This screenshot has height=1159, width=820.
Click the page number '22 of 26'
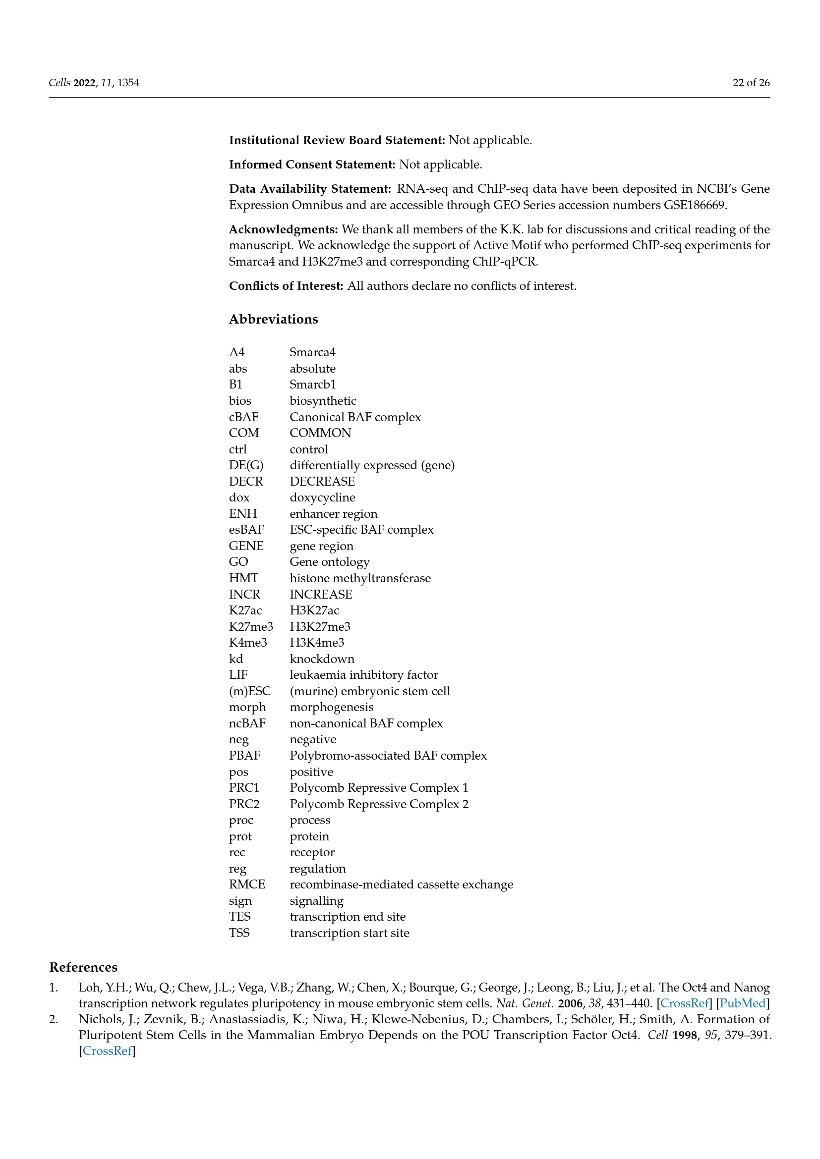click(x=751, y=83)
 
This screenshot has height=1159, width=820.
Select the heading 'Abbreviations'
click(x=273, y=319)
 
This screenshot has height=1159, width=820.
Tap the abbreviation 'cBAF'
click(x=243, y=417)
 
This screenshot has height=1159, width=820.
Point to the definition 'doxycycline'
click(x=322, y=497)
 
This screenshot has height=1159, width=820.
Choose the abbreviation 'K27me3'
click(x=250, y=626)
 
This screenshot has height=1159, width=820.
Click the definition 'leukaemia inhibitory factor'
click(x=363, y=675)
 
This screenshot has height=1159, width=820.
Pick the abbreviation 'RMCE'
click(x=247, y=884)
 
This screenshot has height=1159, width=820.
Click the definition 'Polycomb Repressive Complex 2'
click(x=379, y=804)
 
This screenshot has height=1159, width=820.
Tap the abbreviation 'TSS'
click(x=239, y=933)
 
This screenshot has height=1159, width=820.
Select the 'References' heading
click(x=83, y=967)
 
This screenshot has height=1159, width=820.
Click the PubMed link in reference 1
click(x=742, y=1003)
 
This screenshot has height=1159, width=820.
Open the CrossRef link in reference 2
click(x=107, y=1050)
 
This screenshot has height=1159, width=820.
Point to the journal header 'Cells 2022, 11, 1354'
click(x=94, y=83)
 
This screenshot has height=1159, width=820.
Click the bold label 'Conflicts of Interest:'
click(x=286, y=286)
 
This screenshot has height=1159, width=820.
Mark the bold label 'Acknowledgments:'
click(x=283, y=229)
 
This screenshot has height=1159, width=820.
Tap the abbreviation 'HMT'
click(x=243, y=578)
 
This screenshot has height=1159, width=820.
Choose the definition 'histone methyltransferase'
click(x=360, y=578)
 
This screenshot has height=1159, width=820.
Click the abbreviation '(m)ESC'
click(x=249, y=691)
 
